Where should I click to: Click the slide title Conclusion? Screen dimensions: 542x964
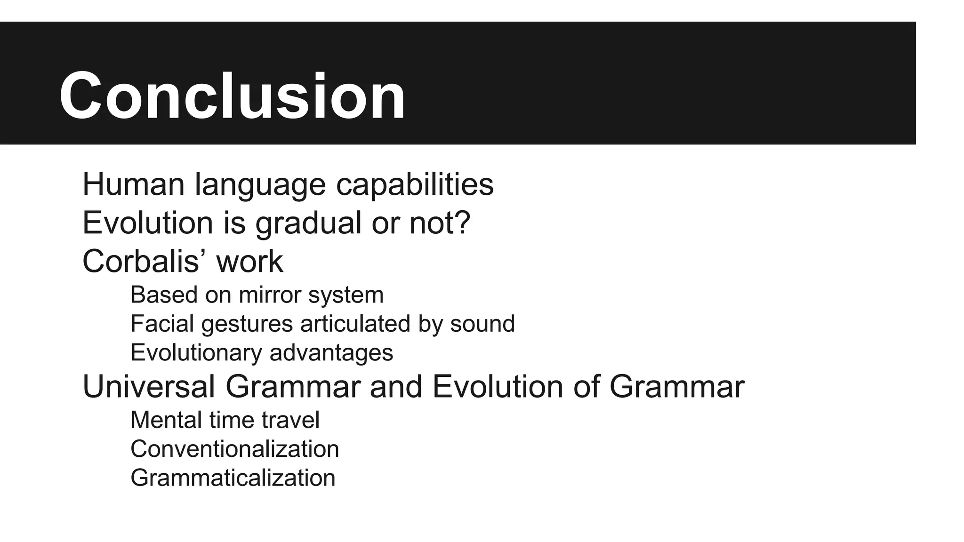(x=232, y=96)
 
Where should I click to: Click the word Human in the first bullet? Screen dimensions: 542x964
(x=133, y=184)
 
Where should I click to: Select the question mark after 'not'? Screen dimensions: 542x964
(x=463, y=223)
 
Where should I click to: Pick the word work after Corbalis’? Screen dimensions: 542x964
(x=249, y=261)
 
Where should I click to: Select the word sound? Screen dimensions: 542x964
(x=482, y=324)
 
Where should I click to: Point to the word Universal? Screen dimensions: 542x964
(x=149, y=387)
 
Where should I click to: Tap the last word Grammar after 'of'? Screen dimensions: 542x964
(x=676, y=387)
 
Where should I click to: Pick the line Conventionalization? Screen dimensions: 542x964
(x=234, y=449)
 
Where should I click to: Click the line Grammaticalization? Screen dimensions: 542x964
(x=233, y=478)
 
